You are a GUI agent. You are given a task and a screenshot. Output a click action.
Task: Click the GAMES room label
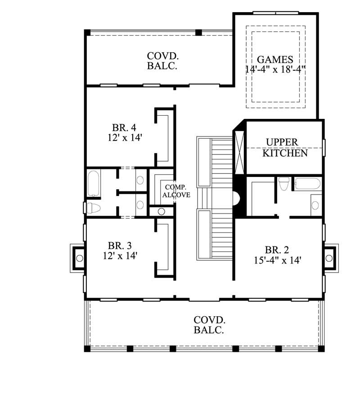pos(275,59)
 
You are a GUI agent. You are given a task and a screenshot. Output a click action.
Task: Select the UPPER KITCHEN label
pos(285,148)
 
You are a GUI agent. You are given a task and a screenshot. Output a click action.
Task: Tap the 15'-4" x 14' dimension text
pos(277,259)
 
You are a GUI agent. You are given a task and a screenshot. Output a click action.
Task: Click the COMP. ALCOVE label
pos(176,191)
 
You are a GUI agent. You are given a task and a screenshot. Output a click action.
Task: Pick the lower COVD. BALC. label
pos(209,325)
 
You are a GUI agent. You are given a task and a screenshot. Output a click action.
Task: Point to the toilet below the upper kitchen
pos(284,184)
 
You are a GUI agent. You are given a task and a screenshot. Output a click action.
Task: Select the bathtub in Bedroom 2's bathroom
pos(307,183)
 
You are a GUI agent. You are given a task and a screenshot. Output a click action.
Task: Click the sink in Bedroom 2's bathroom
pos(316,205)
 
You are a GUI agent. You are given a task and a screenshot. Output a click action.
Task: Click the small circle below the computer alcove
pos(161,211)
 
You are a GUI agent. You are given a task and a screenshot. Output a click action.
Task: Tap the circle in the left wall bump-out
pos(80,258)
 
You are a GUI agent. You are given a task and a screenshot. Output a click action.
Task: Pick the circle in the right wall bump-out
pos(329,258)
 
